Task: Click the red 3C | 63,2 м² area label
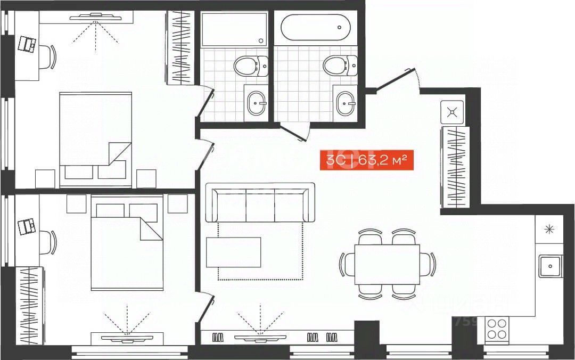(366, 160)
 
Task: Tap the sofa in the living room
(260, 202)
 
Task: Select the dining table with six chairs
(387, 264)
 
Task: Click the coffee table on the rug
(234, 252)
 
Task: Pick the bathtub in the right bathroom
(315, 27)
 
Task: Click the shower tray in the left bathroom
(234, 29)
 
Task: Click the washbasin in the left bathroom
(257, 103)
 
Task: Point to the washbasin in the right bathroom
(346, 103)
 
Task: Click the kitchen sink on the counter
(550, 266)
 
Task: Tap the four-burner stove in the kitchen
(497, 329)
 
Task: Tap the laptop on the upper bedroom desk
(26, 44)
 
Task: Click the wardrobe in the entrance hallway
(455, 167)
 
